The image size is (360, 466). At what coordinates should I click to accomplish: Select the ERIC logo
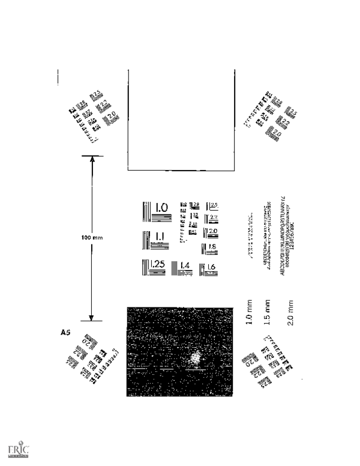point(19,451)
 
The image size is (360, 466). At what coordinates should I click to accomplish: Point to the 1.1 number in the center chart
point(160,237)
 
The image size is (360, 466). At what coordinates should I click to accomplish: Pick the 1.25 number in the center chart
point(157,265)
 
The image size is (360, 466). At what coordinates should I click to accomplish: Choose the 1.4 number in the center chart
point(185,265)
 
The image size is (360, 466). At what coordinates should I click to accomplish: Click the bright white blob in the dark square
point(194,359)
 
